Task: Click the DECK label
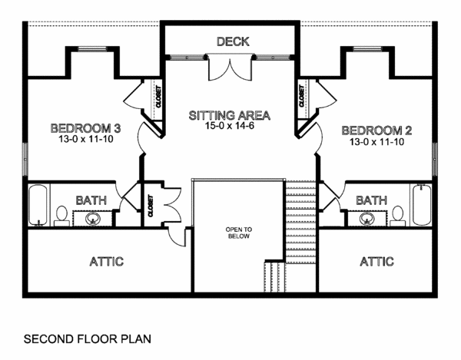click(x=232, y=41)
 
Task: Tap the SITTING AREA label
click(x=230, y=116)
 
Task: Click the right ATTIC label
click(x=376, y=262)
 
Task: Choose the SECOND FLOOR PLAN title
click(x=87, y=338)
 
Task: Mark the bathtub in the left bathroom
click(x=39, y=205)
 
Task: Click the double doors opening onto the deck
click(x=230, y=68)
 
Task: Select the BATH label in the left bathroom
click(x=91, y=201)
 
